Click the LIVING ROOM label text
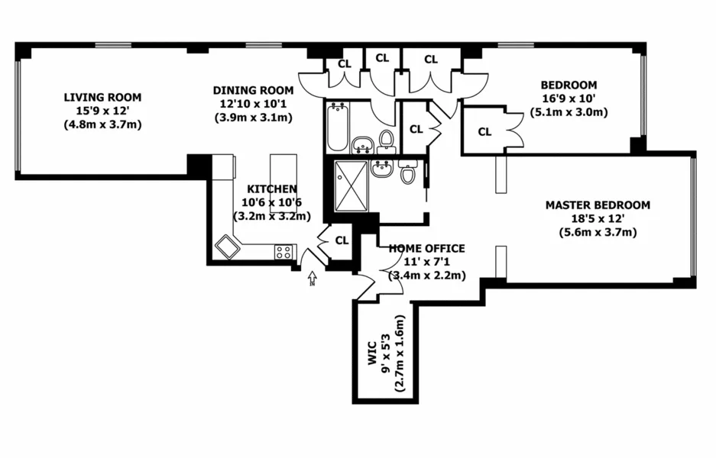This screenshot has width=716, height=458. pos(102,97)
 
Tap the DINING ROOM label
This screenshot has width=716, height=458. pos(252,90)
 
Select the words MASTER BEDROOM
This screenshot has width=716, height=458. pos(598,205)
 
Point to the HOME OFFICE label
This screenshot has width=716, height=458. pos(426,249)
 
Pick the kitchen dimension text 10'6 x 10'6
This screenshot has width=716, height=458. pos(272,202)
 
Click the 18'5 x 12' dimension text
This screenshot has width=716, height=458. pos(598,218)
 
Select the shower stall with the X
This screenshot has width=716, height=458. pos(351,185)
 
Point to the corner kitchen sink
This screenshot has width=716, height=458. pos(227,247)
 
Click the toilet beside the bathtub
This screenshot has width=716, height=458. pos(387,140)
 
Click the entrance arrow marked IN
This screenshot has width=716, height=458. pos(312,280)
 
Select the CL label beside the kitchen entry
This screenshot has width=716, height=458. pos(342,240)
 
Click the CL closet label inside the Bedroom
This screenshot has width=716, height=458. pos(484,132)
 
